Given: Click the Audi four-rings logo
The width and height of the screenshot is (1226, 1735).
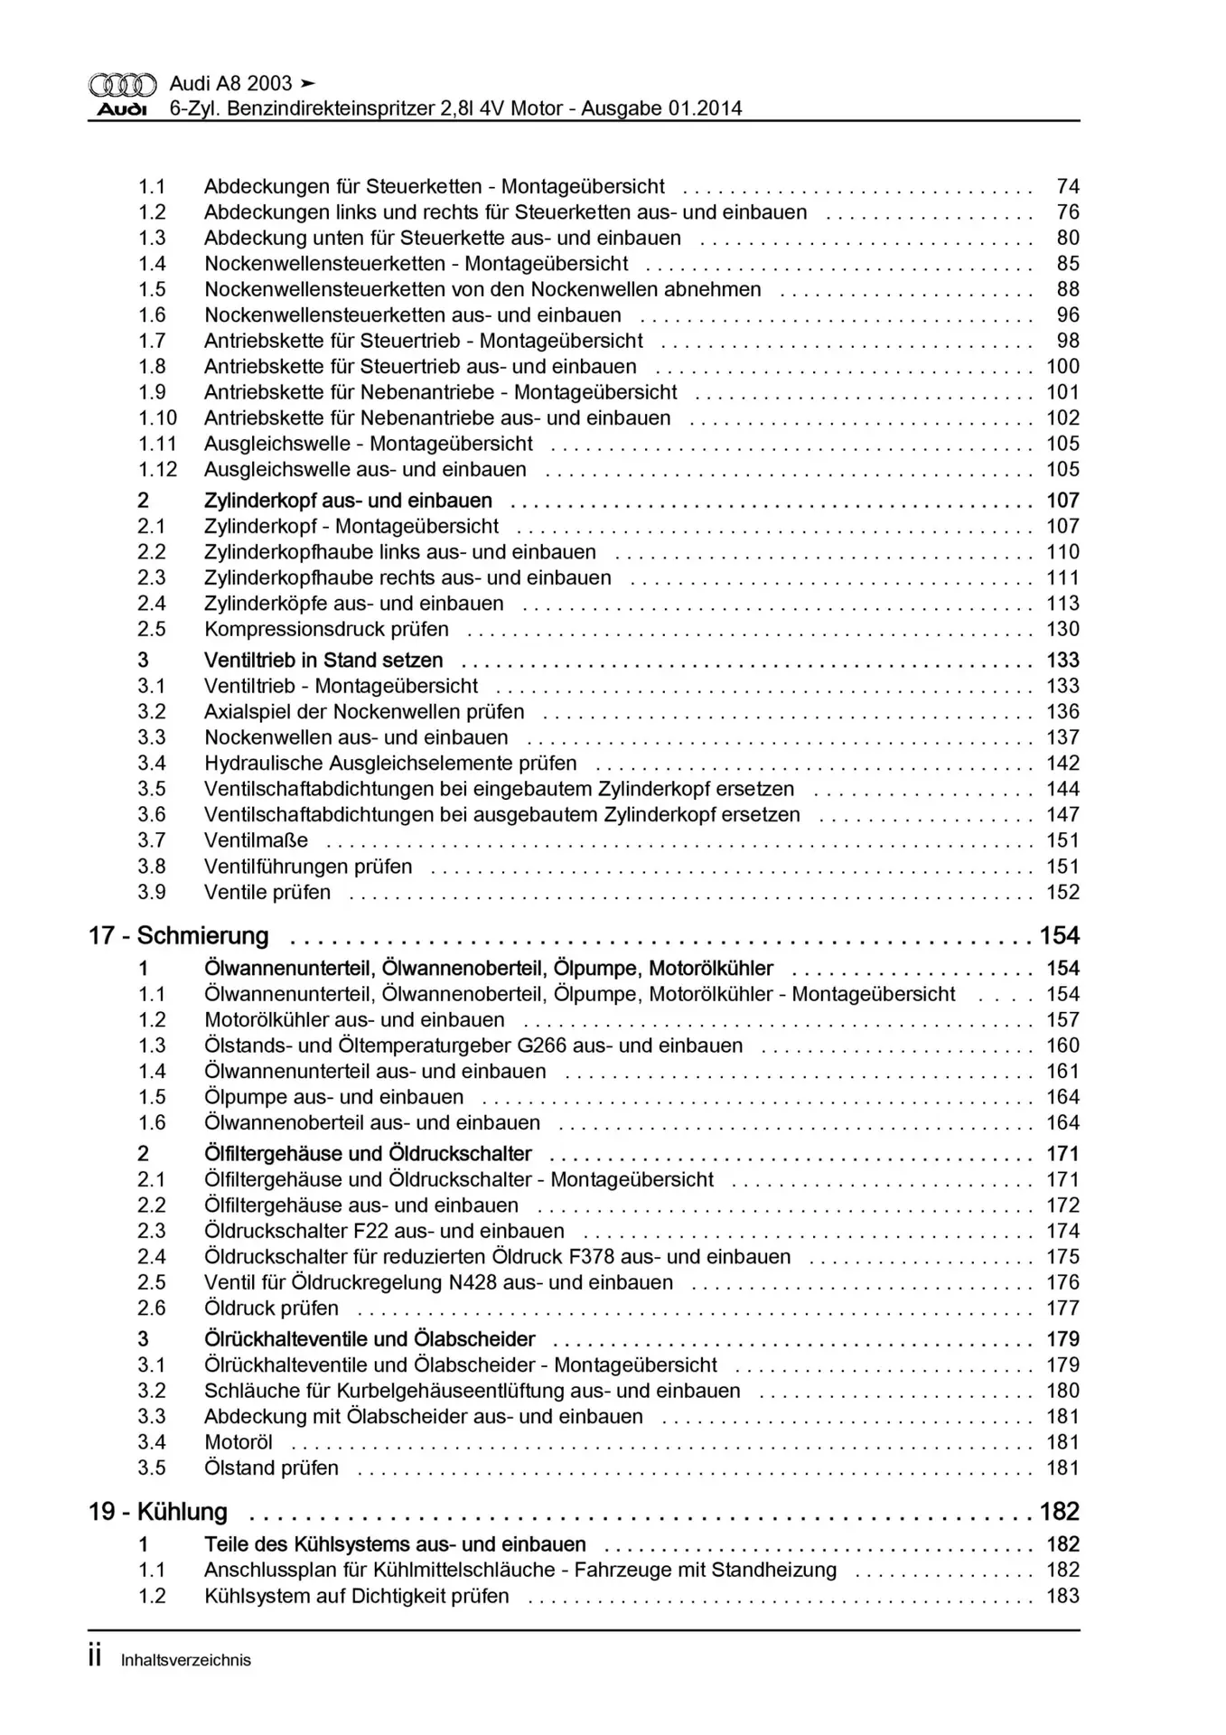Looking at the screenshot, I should [x=122, y=85].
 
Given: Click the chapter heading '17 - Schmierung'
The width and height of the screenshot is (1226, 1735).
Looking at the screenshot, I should [x=179, y=935].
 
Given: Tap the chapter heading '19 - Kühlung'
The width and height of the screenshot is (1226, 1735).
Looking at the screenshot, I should [x=158, y=1512].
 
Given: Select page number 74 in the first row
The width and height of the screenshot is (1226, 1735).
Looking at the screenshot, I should [x=1068, y=187].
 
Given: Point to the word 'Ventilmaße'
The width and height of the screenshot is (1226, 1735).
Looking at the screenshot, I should [x=256, y=840].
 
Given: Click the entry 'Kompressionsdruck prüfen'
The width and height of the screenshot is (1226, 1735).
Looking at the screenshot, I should [x=326, y=629].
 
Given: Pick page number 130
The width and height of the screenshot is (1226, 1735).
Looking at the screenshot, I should [x=1062, y=629].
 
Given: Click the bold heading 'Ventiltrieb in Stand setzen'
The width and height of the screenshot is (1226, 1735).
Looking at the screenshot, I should [x=323, y=660].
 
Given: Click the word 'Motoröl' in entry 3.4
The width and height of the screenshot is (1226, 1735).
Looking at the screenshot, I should [x=239, y=1442].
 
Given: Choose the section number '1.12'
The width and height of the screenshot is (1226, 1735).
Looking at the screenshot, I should [x=157, y=470].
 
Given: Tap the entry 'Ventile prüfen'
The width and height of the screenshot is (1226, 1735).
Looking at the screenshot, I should [x=267, y=893].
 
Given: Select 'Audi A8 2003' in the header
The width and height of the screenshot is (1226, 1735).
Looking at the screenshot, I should [x=231, y=84].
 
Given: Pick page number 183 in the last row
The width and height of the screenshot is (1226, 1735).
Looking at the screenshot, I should [x=1062, y=1596].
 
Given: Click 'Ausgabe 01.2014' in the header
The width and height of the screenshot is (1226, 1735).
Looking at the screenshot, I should [x=661, y=109].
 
